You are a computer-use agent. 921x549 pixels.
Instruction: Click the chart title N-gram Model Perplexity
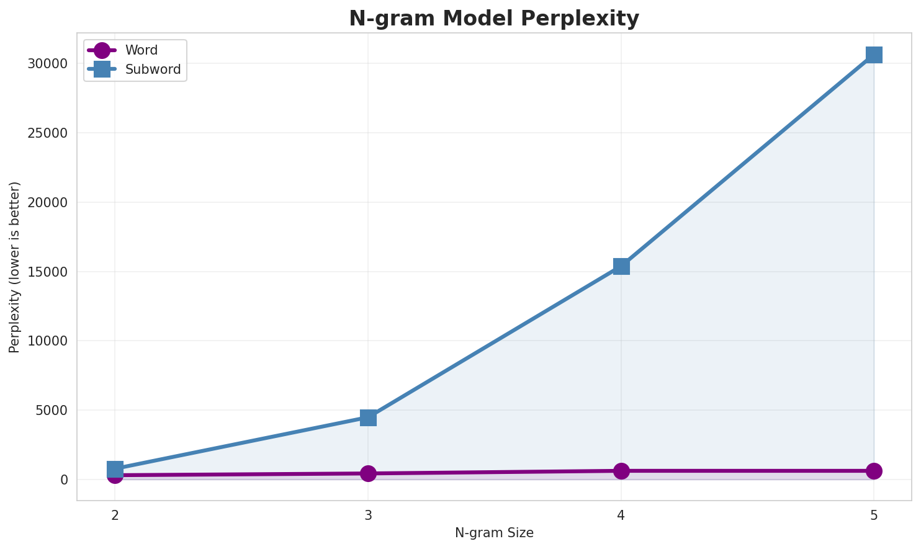pos(494,19)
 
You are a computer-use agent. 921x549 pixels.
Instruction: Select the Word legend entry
pos(141,50)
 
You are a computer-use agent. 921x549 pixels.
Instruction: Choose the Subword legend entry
pos(153,69)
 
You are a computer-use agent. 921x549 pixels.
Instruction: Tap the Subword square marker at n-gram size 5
pos(874,55)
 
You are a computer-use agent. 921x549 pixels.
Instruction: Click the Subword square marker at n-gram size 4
pos(621,266)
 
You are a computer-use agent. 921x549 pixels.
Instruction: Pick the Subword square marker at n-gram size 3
pos(368,417)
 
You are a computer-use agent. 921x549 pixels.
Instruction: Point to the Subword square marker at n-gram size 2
pos(115,468)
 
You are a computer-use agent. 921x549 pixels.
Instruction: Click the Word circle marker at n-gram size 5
pos(874,471)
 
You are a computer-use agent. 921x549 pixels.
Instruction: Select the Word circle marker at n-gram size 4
pos(621,471)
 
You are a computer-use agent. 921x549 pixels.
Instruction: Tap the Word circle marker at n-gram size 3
pos(368,473)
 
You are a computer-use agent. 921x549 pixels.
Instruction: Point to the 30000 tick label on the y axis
pos(47,64)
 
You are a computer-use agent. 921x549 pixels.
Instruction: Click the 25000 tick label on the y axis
pos(47,133)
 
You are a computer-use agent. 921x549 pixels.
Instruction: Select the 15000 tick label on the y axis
pos(47,272)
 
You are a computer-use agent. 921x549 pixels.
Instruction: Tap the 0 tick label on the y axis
pos(64,480)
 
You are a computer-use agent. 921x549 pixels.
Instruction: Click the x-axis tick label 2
pos(115,515)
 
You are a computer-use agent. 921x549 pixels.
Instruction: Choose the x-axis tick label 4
pos(621,515)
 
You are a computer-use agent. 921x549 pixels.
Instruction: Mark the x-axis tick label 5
pos(874,515)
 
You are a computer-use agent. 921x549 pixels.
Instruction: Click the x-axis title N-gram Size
pos(494,533)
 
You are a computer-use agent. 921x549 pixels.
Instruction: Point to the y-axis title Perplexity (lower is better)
pos(15,267)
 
